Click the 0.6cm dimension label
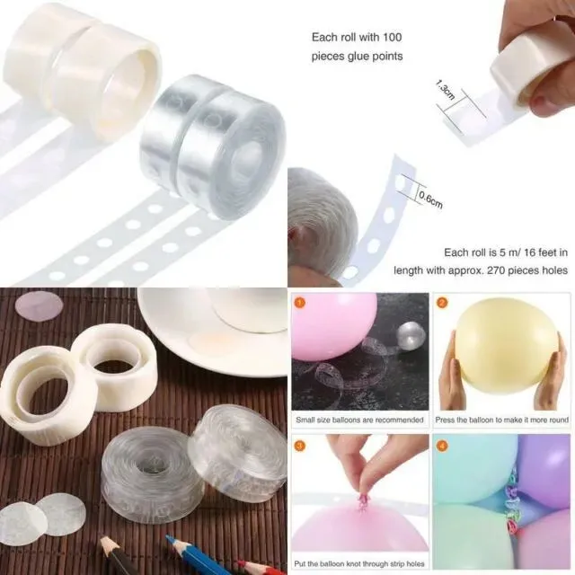(x=429, y=199)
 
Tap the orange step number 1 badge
(x=299, y=303)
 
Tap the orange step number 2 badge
(x=442, y=303)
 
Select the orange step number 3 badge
(x=299, y=444)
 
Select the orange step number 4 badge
(x=442, y=444)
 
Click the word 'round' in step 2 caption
(x=553, y=420)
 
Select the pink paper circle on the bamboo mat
(x=39, y=306)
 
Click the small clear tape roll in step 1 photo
(x=411, y=335)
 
